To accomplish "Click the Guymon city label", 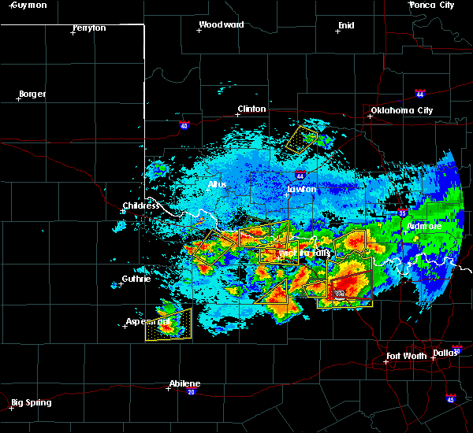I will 28,5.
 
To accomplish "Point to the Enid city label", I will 345,25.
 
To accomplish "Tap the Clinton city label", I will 252,109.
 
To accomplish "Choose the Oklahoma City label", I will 401,111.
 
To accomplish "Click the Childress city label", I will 141,206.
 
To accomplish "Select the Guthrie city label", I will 136,279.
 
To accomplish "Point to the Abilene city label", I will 184,383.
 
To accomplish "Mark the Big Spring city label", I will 31,402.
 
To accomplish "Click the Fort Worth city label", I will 406,356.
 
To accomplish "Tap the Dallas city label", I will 445,352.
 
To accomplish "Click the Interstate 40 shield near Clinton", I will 184,124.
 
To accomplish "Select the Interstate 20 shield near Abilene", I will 191,391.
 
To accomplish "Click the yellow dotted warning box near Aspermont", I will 168,324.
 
